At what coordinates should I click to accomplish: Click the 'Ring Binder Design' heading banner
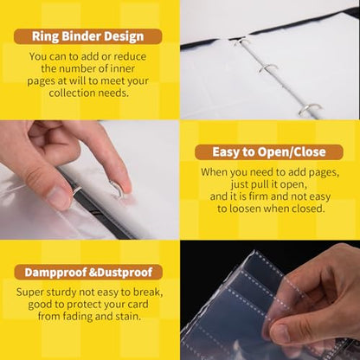click(88, 36)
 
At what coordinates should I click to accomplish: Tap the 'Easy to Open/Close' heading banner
click(269, 152)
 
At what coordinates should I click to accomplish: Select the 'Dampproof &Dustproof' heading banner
click(88, 273)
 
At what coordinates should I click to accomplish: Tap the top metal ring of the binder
click(241, 42)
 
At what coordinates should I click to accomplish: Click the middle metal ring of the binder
click(267, 68)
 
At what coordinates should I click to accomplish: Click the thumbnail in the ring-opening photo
click(59, 197)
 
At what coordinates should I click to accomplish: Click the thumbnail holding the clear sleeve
click(280, 331)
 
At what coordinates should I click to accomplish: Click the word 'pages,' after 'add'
click(324, 172)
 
